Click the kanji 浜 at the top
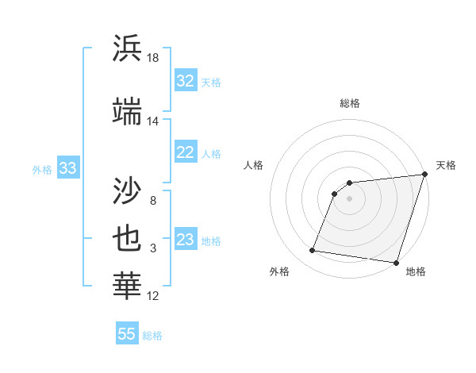pyautogui.click(x=127, y=48)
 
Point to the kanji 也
pyautogui.click(x=127, y=239)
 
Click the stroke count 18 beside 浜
pyautogui.click(x=153, y=58)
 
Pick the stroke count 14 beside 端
pyautogui.click(x=153, y=121)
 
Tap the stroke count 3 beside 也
pyautogui.click(x=152, y=249)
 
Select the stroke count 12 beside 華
pyautogui.click(x=153, y=296)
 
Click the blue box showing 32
pyautogui.click(x=185, y=81)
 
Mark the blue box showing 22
pyautogui.click(x=185, y=152)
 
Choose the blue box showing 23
pyautogui.click(x=185, y=240)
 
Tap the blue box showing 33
pyautogui.click(x=67, y=168)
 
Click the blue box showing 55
pyautogui.click(x=126, y=334)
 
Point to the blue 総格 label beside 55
pyautogui.click(x=152, y=336)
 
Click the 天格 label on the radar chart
pyautogui.click(x=446, y=165)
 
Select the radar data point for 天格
pyautogui.click(x=424, y=175)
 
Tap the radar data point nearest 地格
pyautogui.click(x=396, y=263)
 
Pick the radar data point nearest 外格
pyautogui.click(x=313, y=251)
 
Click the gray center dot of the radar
pyautogui.click(x=349, y=198)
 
